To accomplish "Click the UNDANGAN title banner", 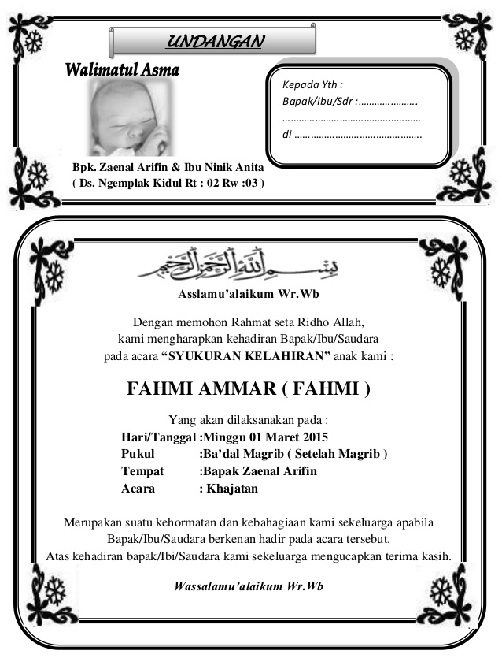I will point(213,40).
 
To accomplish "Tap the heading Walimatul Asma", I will point(123,71).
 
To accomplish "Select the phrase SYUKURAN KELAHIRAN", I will point(245,355).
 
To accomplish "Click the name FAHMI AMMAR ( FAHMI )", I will point(248,389).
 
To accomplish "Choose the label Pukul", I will point(138,454).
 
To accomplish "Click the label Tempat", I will point(142,471).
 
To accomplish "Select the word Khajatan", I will point(232,489).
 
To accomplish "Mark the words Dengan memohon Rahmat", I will point(193,322).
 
